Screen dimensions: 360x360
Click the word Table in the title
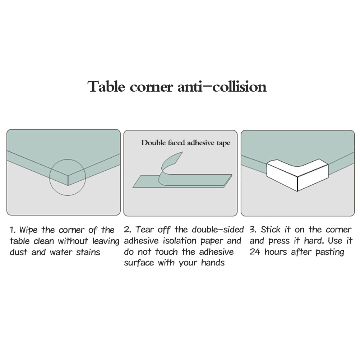[x=107, y=87]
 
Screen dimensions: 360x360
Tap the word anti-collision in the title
[x=222, y=87]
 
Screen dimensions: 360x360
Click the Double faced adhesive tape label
[x=186, y=143]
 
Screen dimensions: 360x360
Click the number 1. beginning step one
[x=13, y=230]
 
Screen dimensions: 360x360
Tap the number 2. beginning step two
[x=128, y=230]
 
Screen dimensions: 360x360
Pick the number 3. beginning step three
[x=253, y=230]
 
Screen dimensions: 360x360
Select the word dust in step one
[x=18, y=252]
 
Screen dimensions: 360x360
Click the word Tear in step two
[x=145, y=230]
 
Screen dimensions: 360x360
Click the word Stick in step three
[x=271, y=230]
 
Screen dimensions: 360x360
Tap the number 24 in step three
[x=255, y=252]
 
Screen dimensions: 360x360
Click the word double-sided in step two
[x=218, y=230]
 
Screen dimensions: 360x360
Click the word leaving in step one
[x=106, y=241]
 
